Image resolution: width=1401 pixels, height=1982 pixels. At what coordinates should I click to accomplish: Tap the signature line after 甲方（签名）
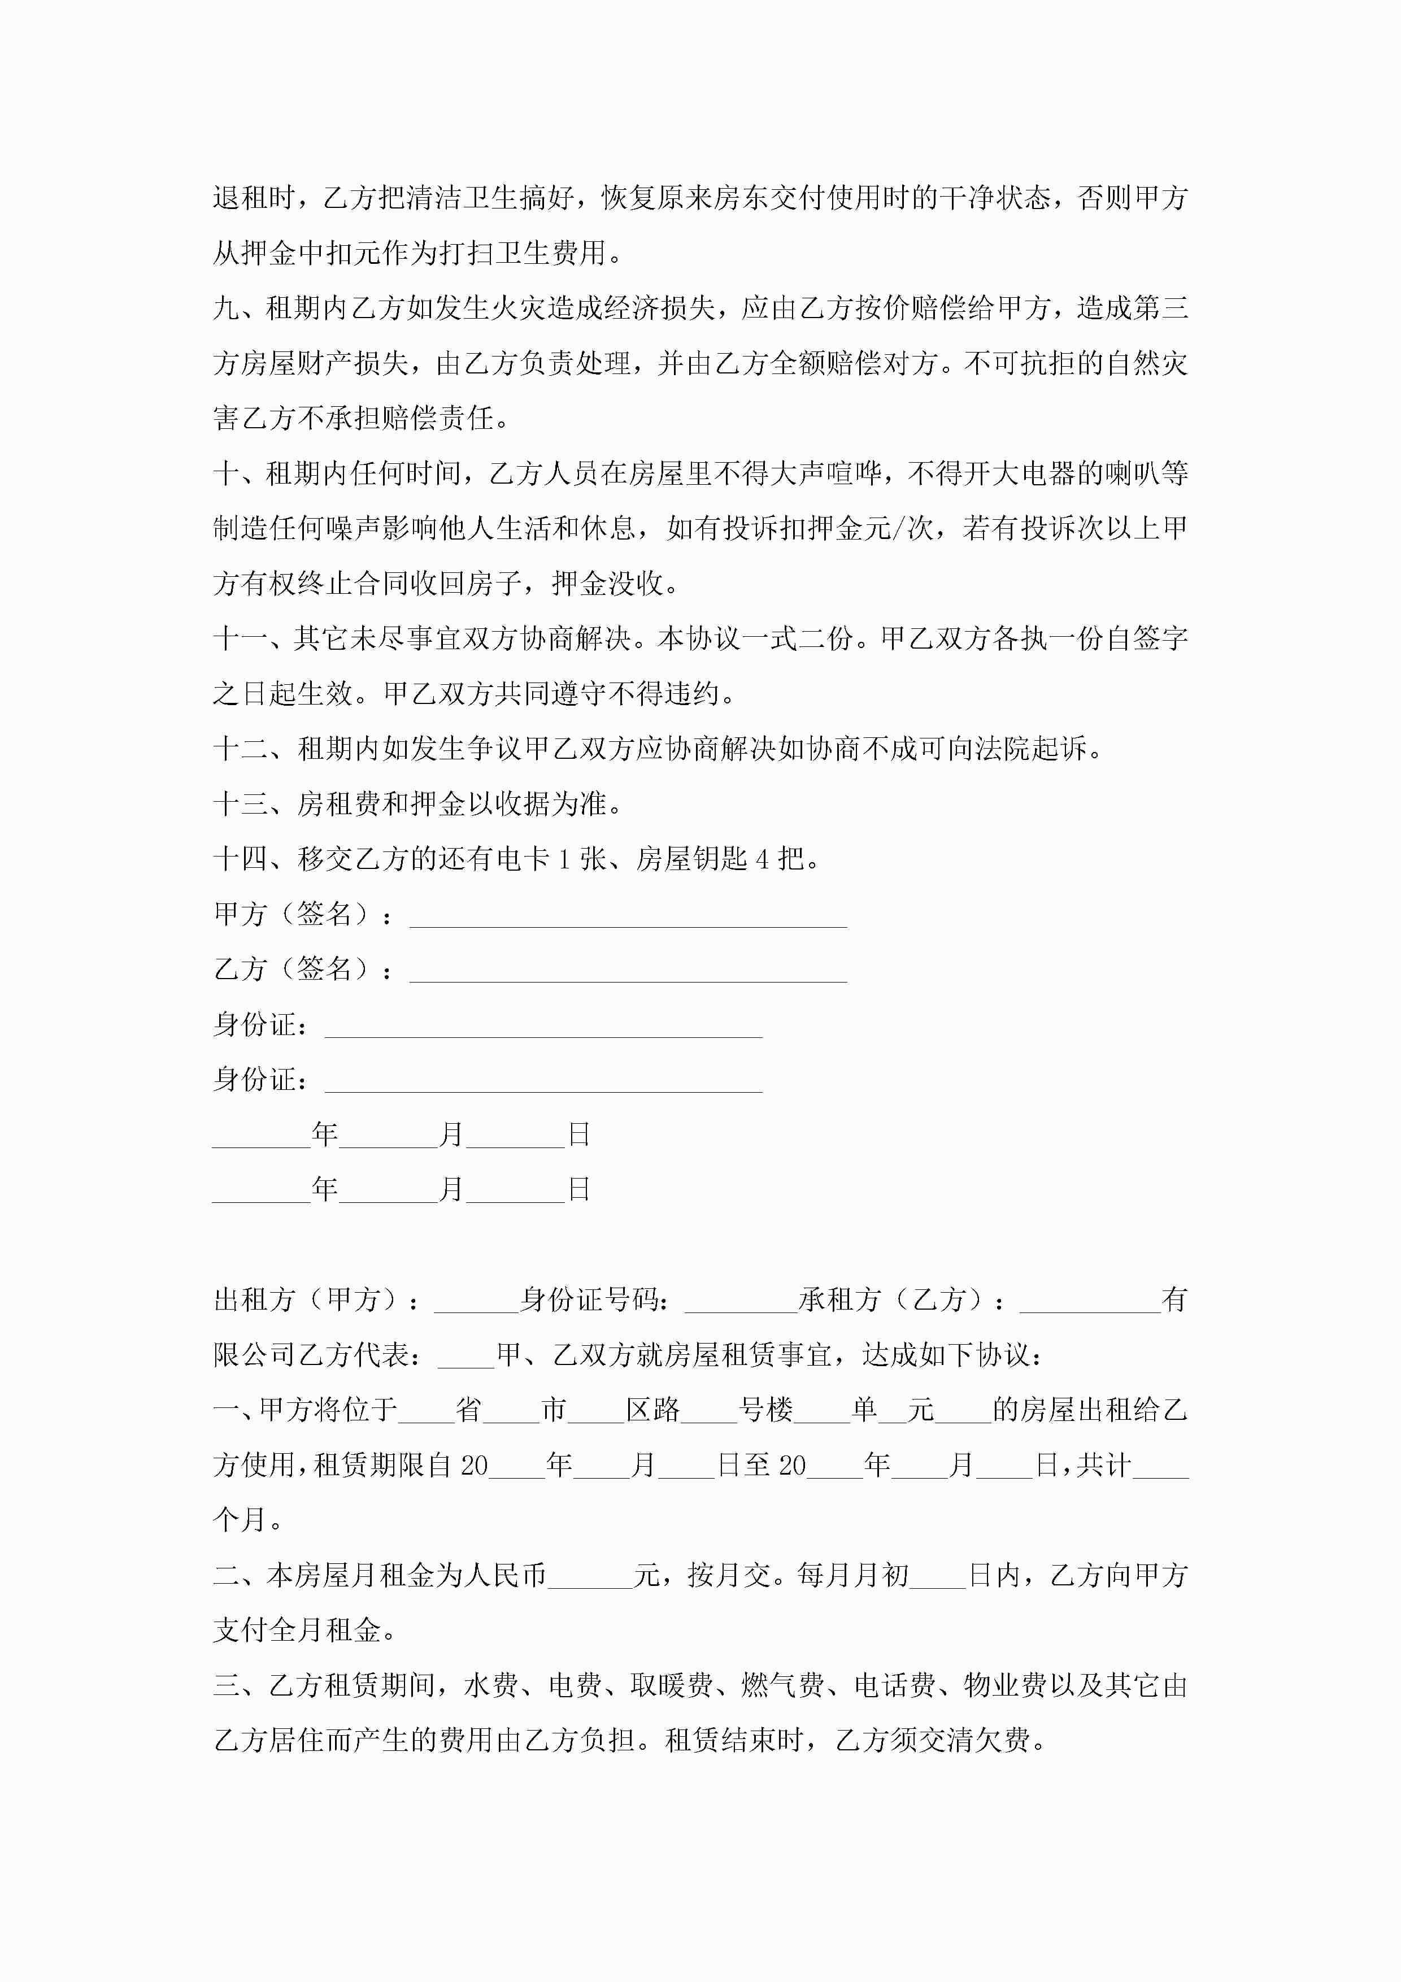point(628,917)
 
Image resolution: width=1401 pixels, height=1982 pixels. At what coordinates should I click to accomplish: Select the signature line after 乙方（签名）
point(628,972)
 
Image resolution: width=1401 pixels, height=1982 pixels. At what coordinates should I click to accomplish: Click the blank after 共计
point(1160,1466)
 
